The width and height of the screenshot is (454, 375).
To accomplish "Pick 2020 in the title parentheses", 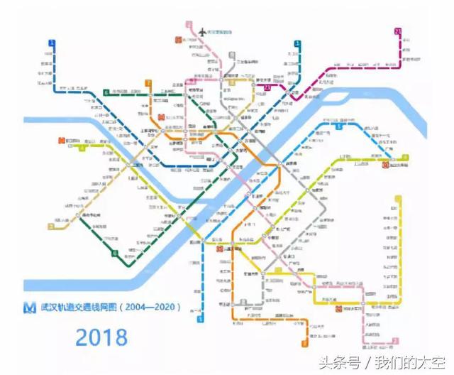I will (x=165, y=308).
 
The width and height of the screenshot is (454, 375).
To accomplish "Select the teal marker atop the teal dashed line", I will (x=297, y=43).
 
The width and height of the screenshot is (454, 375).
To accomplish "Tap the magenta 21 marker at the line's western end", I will (x=267, y=87).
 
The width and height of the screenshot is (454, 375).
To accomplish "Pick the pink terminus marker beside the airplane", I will (x=189, y=25).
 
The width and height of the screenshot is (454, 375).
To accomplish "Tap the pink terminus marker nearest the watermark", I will (x=365, y=347).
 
